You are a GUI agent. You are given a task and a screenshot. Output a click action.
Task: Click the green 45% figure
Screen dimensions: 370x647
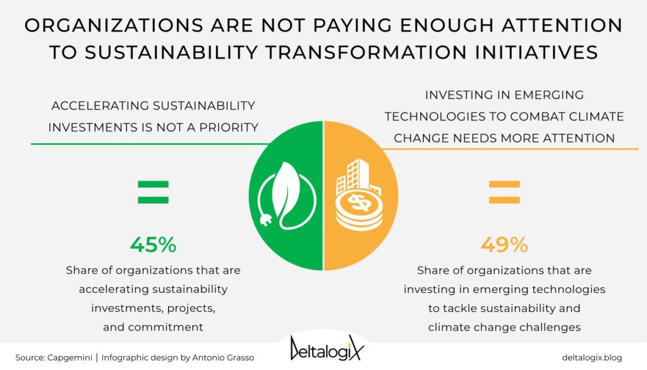pos(153,244)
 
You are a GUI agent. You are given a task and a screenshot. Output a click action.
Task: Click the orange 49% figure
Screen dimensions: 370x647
pos(504,244)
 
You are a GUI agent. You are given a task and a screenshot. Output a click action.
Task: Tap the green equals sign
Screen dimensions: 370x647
pos(153,192)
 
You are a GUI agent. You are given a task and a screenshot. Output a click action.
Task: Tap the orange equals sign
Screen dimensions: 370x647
pos(504,192)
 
